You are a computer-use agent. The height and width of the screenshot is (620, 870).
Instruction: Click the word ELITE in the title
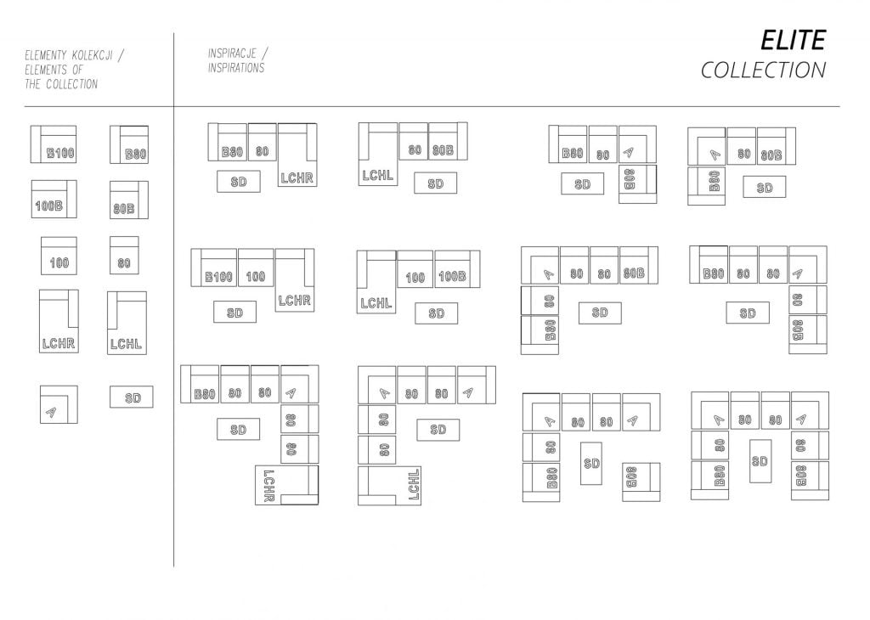[x=793, y=41]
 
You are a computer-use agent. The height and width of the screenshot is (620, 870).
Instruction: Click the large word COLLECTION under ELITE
[x=763, y=70]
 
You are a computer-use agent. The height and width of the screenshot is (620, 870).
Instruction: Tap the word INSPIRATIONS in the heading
[x=236, y=68]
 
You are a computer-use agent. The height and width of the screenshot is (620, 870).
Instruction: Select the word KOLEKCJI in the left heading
[x=92, y=55]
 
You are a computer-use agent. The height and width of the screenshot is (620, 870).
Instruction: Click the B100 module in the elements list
[x=54, y=144]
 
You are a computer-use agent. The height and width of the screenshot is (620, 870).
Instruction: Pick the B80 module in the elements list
[x=129, y=144]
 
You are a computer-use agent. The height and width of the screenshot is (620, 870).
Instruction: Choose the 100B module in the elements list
[x=54, y=199]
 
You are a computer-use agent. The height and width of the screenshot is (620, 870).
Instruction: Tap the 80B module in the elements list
[x=129, y=200]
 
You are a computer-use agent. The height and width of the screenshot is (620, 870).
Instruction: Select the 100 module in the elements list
[x=59, y=256]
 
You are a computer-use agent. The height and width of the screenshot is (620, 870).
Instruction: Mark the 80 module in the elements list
[x=124, y=255]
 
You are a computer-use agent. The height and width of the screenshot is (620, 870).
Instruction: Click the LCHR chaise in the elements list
[x=59, y=321]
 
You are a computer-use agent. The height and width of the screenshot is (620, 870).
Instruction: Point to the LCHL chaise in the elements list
[x=127, y=323]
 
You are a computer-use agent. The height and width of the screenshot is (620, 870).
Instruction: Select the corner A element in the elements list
[x=59, y=404]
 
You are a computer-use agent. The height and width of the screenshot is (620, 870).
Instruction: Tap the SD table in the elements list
[x=132, y=397]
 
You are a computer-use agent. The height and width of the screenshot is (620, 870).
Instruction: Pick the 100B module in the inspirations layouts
[x=457, y=269]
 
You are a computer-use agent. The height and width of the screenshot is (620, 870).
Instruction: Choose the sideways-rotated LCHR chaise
[x=287, y=485]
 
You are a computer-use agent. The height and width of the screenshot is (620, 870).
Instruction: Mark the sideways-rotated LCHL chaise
[x=389, y=486]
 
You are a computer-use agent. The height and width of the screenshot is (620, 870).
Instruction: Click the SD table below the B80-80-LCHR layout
[x=239, y=182]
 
